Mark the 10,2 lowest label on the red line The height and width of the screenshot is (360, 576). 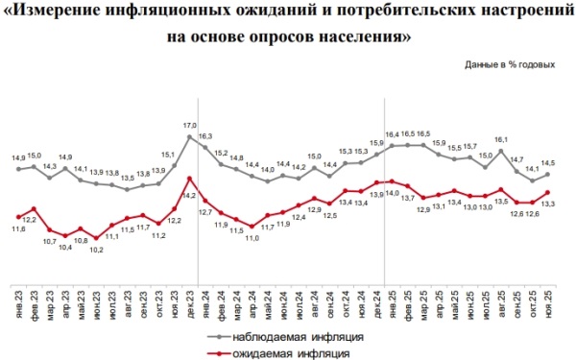coord(96,249)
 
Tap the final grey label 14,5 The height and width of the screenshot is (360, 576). coord(548,162)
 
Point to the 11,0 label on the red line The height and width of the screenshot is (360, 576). coord(252,237)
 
